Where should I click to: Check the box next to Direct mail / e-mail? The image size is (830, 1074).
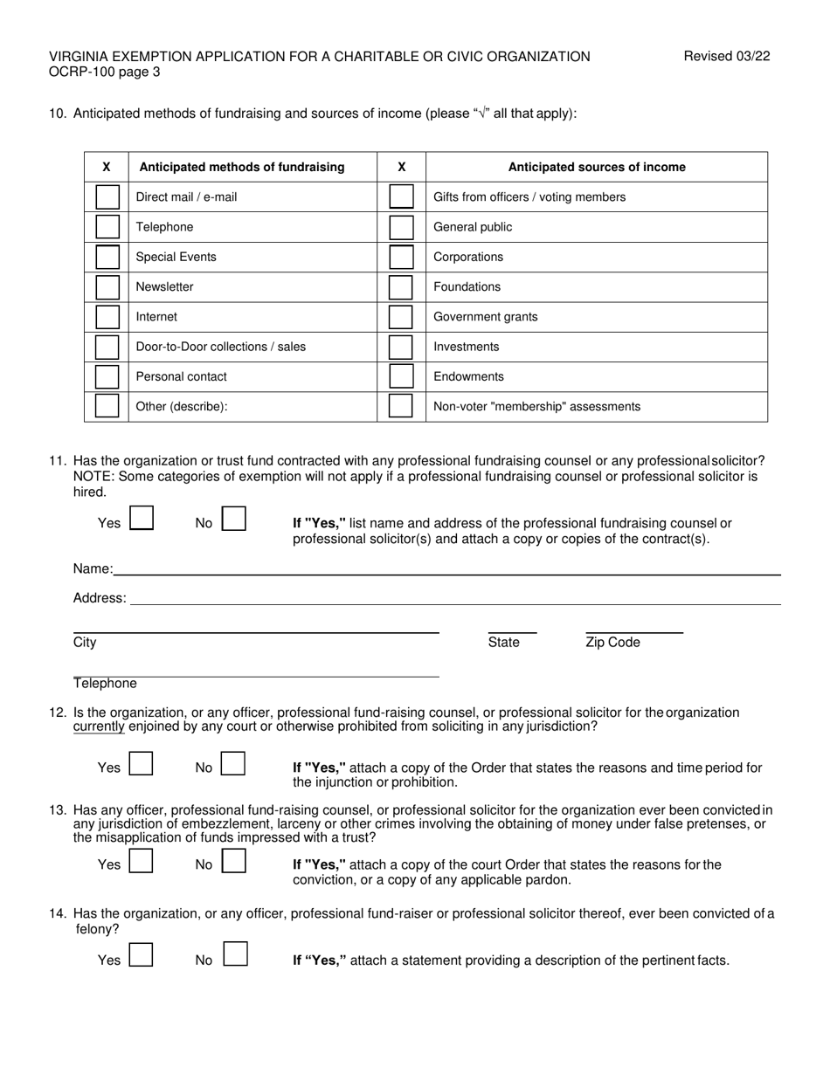107,196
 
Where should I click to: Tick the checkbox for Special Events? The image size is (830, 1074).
107,257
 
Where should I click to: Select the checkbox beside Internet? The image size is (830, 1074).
107,317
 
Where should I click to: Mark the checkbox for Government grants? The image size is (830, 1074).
401,317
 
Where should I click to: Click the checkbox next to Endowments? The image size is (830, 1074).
401,376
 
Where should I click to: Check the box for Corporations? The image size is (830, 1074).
401,257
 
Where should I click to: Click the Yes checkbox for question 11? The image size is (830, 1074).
142,519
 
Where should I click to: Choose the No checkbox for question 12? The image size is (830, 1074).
233,764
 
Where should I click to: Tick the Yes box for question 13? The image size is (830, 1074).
142,862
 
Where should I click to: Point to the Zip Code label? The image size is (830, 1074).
612,643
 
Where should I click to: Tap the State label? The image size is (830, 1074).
503,643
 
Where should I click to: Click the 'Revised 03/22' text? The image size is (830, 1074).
726,57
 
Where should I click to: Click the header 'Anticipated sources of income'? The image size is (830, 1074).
597,167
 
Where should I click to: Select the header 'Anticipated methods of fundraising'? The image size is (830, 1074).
242,167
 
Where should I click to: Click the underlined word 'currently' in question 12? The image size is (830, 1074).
99,726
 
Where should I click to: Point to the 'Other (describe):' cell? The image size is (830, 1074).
182,407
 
